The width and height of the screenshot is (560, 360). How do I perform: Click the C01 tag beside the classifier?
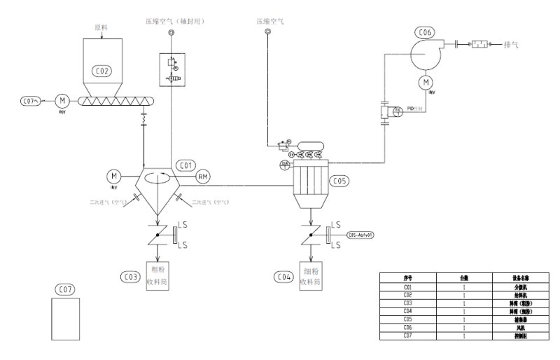click(x=185, y=165)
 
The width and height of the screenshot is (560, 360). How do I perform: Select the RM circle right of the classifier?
click(x=202, y=176)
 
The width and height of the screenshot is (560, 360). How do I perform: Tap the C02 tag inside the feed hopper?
click(x=101, y=71)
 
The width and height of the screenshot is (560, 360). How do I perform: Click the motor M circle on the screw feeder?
click(x=59, y=101)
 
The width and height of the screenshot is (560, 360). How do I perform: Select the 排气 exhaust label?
click(x=511, y=44)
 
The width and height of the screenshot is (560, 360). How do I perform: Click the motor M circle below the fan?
click(x=425, y=83)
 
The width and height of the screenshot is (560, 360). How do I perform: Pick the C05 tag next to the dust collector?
click(x=339, y=181)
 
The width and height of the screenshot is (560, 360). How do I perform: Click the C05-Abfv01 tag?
click(x=360, y=235)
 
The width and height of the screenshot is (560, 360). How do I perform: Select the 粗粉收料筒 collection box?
click(x=157, y=276)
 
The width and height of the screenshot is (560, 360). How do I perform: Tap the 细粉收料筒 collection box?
click(x=310, y=276)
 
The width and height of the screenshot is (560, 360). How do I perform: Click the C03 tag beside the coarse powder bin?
click(x=131, y=277)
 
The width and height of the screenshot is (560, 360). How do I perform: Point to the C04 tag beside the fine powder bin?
click(x=283, y=277)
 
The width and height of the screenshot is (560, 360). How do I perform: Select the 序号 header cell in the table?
click(x=407, y=278)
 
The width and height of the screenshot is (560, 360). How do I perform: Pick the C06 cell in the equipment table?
click(x=407, y=327)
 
